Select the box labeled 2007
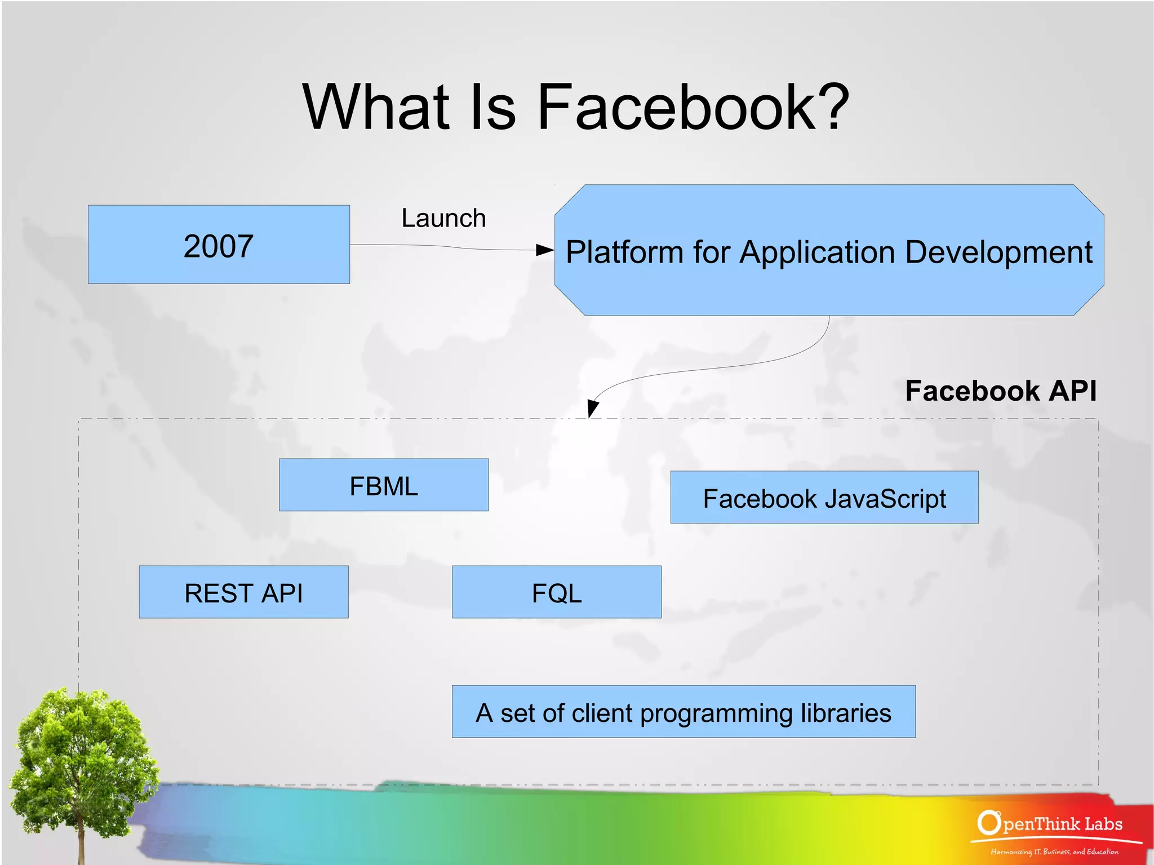click(x=219, y=245)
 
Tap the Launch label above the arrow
click(x=443, y=218)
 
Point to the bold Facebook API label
click(x=1001, y=391)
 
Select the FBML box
click(x=384, y=485)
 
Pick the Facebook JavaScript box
click(x=824, y=498)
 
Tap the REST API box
click(x=243, y=592)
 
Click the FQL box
click(x=556, y=592)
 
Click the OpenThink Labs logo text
click(x=1051, y=824)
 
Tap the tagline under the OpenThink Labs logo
click(x=1054, y=851)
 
